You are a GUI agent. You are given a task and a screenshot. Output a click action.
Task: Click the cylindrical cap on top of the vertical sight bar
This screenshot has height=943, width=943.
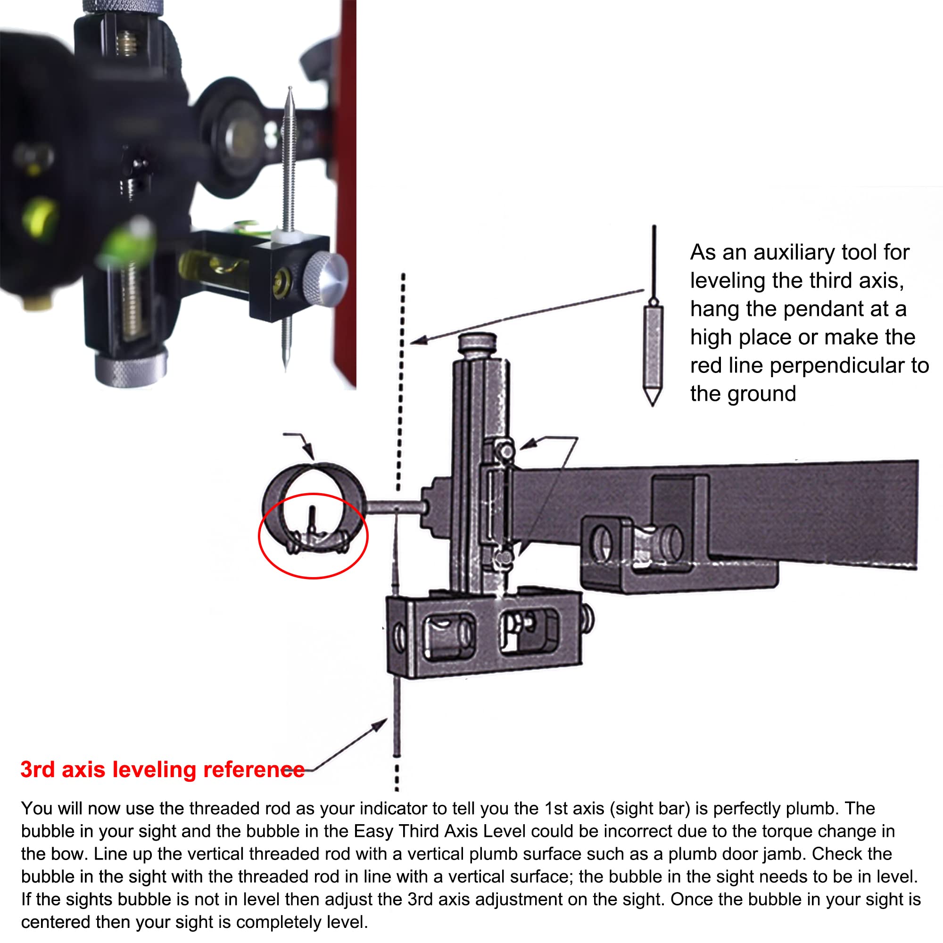477,342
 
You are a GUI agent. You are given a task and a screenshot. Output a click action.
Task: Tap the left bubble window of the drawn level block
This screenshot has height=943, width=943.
448,635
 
